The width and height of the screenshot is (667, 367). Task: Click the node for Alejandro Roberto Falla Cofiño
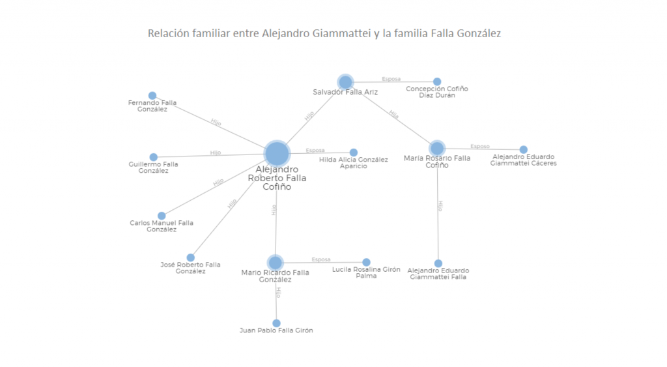point(277,154)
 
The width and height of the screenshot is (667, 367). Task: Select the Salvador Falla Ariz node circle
point(345,82)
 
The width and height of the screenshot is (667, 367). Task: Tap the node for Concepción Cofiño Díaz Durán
point(437,81)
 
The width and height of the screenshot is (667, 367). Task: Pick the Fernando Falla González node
point(152,96)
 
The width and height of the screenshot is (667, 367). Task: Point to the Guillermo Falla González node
point(154,157)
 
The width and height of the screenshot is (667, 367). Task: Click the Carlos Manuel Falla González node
point(162,216)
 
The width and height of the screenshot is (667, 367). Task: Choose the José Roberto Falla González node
point(191,257)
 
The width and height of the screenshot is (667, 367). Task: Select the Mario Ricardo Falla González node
point(276,263)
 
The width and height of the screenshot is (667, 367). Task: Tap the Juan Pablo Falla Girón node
point(276,323)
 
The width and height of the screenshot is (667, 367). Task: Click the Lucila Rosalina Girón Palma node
point(366,262)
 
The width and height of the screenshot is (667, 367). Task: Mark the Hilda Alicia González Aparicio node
point(354,153)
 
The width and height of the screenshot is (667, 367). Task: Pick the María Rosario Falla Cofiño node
point(437,149)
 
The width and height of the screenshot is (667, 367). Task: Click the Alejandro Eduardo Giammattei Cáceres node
point(524,149)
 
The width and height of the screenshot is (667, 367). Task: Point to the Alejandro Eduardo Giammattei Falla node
point(438,263)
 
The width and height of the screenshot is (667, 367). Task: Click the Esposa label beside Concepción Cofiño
point(391,79)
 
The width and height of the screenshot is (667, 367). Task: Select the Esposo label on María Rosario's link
point(480,147)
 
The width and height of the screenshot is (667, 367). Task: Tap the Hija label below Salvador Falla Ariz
point(393,114)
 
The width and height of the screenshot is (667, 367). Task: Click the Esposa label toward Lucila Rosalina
point(321,259)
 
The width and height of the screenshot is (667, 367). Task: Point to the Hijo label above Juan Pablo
point(278,292)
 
